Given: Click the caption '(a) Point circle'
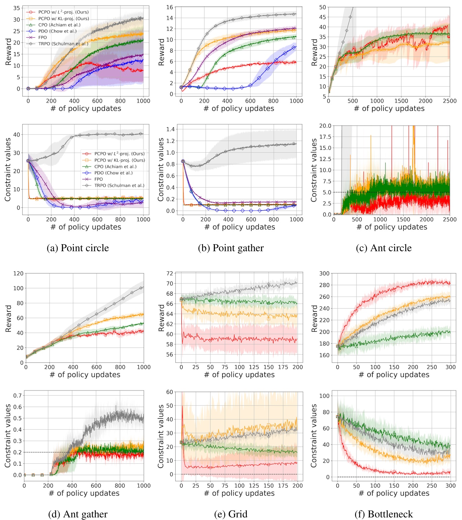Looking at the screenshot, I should tap(78, 248).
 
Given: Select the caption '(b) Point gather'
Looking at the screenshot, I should tap(231, 248).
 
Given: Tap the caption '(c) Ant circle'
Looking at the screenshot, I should tap(384, 248).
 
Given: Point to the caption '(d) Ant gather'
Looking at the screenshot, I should tap(78, 514).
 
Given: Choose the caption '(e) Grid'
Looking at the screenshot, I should tap(231, 514).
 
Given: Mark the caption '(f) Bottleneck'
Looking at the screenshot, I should tap(384, 514).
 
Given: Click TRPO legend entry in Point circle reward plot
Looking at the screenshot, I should tap(63, 44).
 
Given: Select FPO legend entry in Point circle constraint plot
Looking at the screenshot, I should tap(98, 179).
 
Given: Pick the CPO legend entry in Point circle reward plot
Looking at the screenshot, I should tap(59, 25).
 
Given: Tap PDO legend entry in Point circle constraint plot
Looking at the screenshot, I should tap(113, 173).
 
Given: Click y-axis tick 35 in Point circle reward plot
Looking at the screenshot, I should tap(17, 8).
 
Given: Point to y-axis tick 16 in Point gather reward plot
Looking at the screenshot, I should tap(170, 7).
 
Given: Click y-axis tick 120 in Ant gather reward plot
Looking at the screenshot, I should tap(18, 273).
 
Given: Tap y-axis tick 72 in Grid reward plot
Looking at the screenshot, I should tap(170, 273).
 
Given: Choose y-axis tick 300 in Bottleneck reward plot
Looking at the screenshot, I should tap(324, 273).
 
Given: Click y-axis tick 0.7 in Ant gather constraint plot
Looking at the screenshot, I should tap(18, 396).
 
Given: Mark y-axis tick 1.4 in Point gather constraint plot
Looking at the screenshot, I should tap(171, 129).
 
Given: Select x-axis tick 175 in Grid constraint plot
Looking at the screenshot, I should tap(283, 486).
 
